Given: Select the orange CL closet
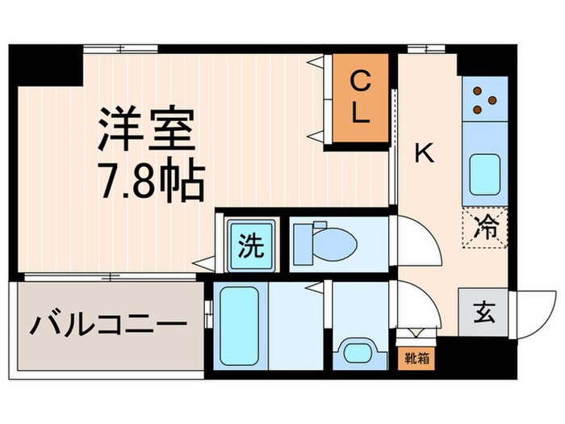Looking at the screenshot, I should click(360, 96).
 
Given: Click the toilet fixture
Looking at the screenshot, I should click(323, 241).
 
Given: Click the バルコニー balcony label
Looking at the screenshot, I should click(109, 326).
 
